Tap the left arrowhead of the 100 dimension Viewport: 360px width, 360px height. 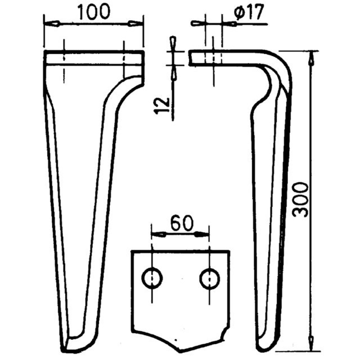point(53,23)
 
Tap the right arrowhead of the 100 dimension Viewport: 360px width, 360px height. point(134,23)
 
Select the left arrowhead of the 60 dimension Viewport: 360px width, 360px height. point(158,234)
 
